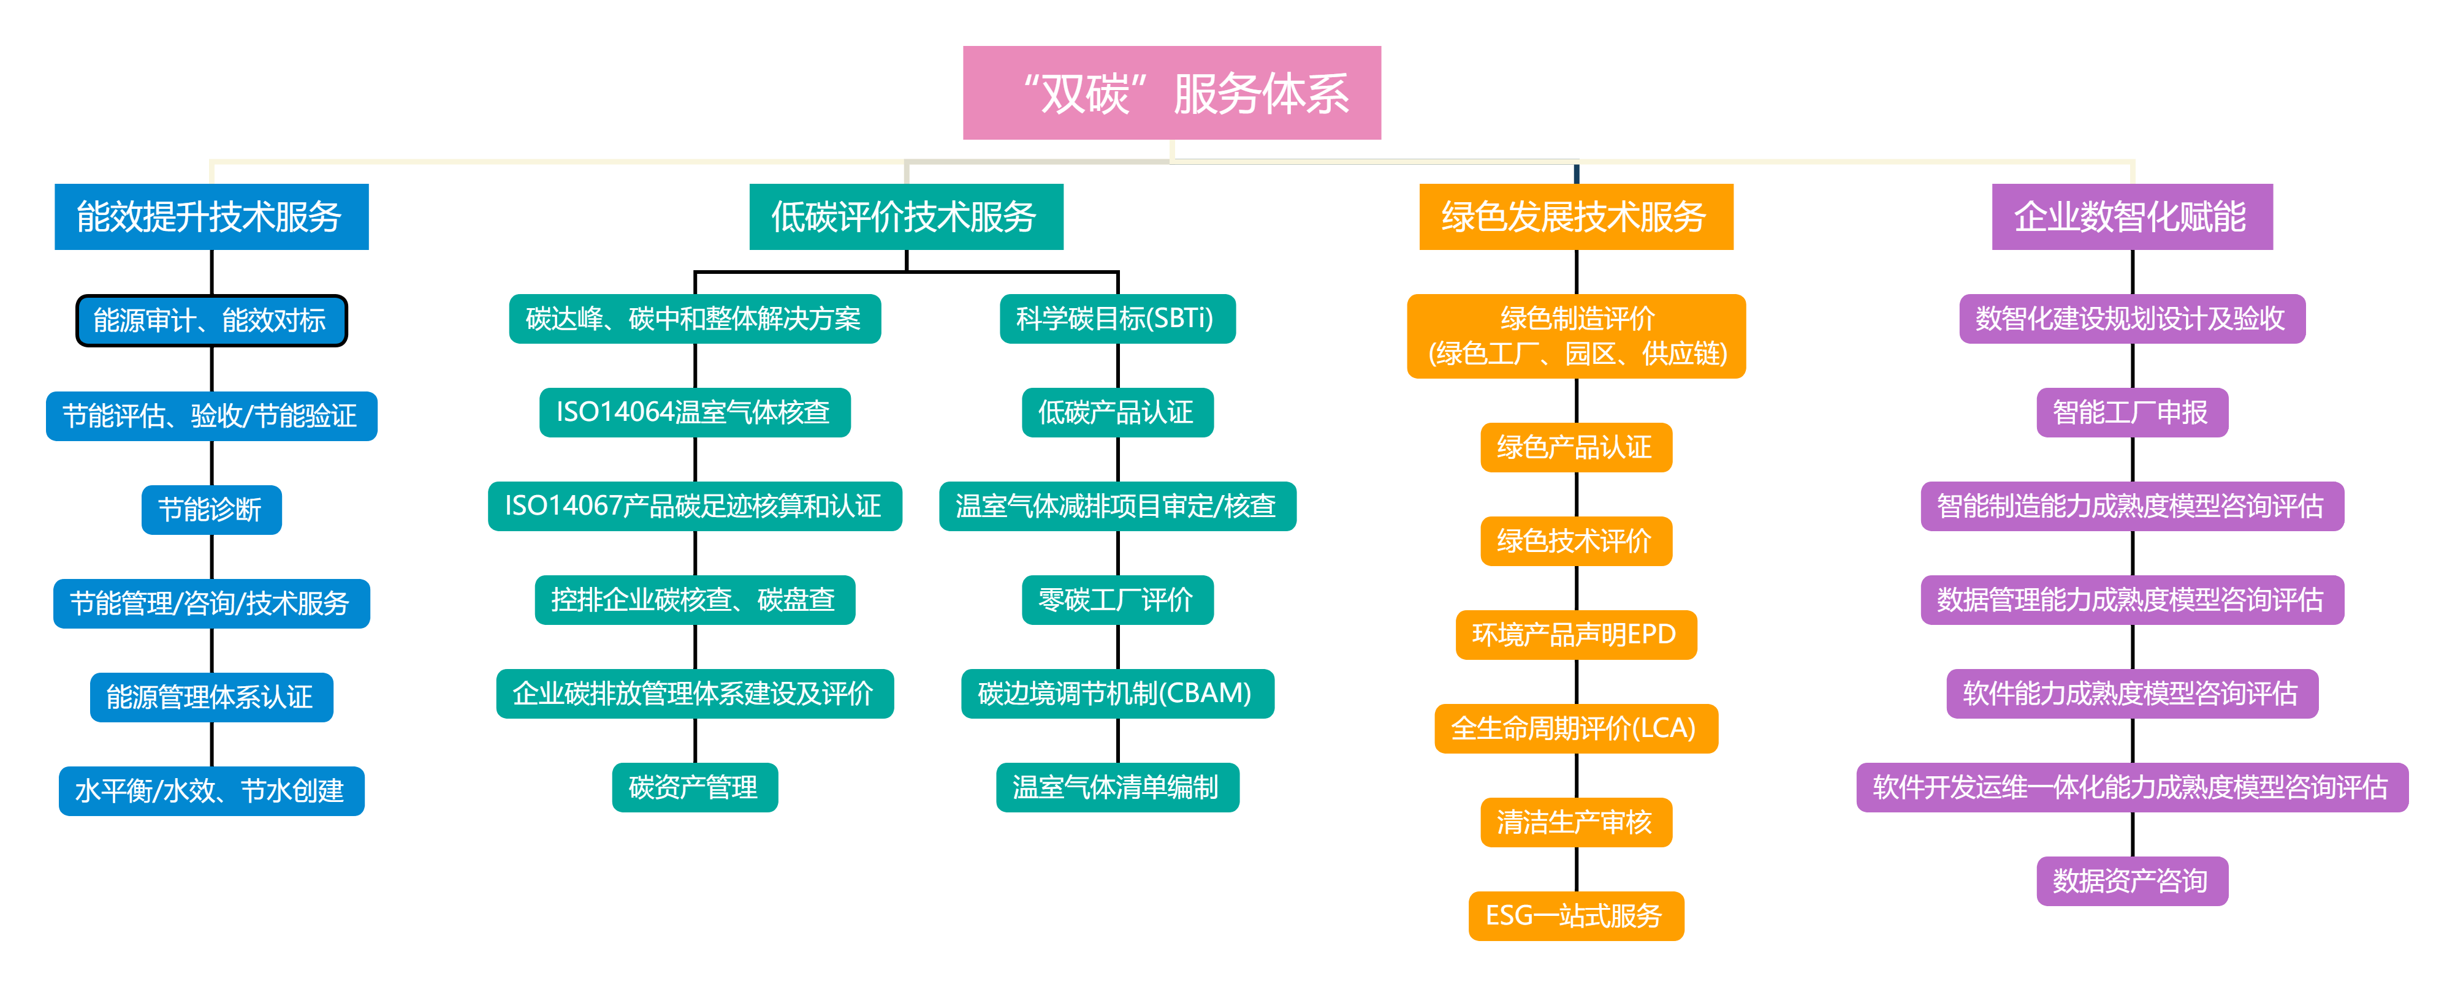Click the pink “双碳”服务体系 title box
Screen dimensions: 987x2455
coord(1171,93)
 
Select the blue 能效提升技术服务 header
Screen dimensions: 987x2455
coord(211,216)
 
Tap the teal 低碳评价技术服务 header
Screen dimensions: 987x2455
coord(905,216)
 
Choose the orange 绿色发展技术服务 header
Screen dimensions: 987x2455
coord(1575,216)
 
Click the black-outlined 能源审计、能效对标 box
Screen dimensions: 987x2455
coord(211,320)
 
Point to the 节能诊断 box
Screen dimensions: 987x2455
coord(211,510)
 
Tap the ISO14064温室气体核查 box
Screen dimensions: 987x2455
coord(694,412)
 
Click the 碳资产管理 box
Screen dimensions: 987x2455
coord(694,787)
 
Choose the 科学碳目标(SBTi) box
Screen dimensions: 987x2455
coord(1116,318)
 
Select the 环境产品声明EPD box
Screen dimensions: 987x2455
coord(1575,635)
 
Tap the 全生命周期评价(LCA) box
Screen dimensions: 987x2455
coord(1575,728)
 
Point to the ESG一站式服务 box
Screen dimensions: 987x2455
coord(1575,915)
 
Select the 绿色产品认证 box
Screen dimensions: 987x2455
coord(1575,447)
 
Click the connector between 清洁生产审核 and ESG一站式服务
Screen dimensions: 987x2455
coord(1577,869)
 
